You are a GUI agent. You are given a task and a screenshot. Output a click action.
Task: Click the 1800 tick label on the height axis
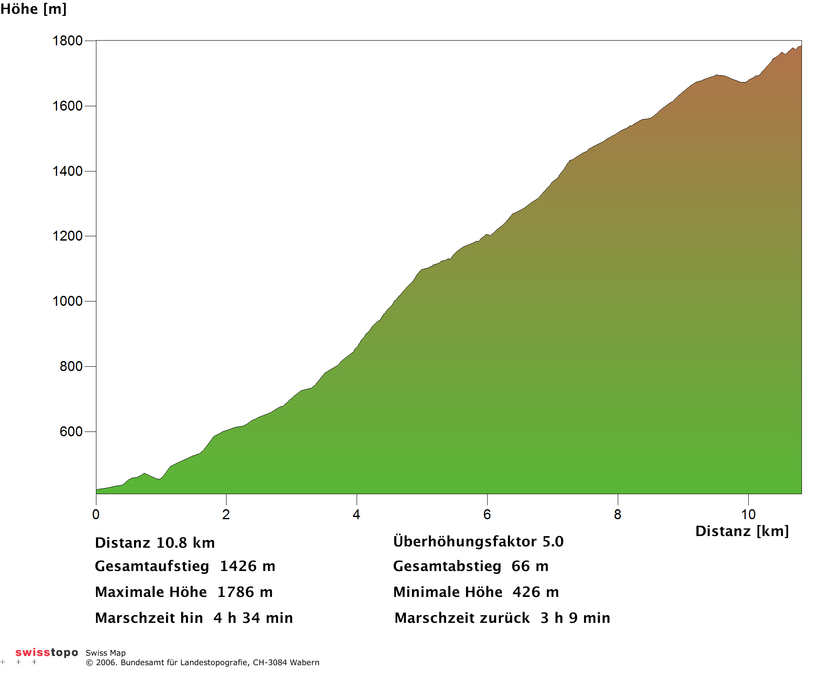point(67,41)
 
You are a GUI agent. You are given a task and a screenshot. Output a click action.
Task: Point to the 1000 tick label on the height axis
point(67,301)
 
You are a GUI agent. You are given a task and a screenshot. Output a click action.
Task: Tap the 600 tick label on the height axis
point(71,432)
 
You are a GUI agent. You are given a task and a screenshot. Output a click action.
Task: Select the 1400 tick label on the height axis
point(67,171)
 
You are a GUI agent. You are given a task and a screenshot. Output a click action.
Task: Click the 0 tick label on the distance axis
point(96,514)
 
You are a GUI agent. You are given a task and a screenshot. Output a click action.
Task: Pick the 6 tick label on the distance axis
point(487,514)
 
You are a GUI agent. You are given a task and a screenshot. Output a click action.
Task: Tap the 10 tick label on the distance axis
point(748,514)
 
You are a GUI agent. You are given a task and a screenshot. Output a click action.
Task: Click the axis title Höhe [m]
point(33,9)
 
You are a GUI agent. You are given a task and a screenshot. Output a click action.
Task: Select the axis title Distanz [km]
point(742,531)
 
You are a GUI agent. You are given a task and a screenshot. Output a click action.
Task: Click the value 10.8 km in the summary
point(185,543)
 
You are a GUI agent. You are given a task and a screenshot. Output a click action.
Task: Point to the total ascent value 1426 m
point(248,566)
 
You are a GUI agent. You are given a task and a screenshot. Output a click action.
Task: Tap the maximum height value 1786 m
point(245,592)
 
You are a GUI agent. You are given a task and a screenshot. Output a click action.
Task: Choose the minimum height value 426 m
point(536,592)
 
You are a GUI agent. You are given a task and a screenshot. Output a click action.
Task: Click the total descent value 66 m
point(530,566)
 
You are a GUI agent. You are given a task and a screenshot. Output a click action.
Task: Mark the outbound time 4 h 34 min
point(253,618)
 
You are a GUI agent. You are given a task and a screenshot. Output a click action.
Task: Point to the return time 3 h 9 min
point(575,618)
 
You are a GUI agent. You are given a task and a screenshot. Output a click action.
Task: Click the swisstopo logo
point(47,652)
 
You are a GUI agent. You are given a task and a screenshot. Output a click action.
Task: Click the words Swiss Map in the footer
point(105,653)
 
